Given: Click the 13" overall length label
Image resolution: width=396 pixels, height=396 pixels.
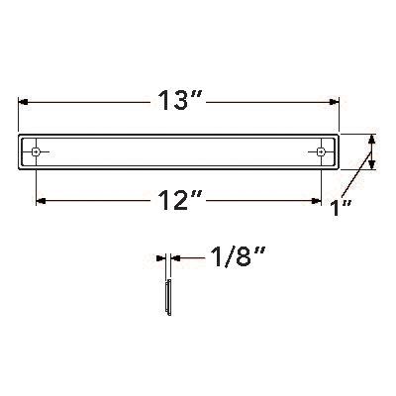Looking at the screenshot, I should (x=178, y=101).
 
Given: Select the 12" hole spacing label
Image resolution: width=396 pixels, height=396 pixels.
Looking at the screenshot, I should (x=178, y=200).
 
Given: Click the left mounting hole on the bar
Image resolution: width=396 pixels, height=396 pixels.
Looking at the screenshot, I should (x=38, y=151).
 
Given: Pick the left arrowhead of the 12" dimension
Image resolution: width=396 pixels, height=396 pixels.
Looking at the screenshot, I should (x=42, y=200).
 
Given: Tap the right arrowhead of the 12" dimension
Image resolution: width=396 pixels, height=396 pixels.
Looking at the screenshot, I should (x=317, y=200).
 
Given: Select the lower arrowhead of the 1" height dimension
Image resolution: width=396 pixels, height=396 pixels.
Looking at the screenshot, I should (x=372, y=166).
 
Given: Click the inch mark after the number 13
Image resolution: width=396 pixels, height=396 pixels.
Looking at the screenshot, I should (x=200, y=94).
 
